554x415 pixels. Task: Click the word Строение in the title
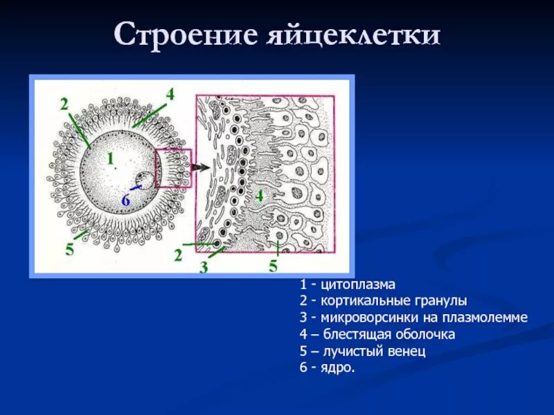pos(186,35)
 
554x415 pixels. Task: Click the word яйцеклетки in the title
pos(354,35)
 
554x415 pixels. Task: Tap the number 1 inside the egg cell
pos(109,159)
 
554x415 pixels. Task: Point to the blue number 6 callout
pos(125,201)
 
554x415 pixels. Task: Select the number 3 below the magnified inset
pos(204,268)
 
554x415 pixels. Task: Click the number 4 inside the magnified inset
pos(259,196)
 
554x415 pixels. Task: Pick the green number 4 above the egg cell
pos(170,93)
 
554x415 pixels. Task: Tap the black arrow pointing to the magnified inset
pos(202,167)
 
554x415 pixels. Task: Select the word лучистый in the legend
pos(350,351)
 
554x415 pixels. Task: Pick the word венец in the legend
pos(406,351)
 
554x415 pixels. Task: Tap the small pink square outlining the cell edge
pos(173,168)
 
